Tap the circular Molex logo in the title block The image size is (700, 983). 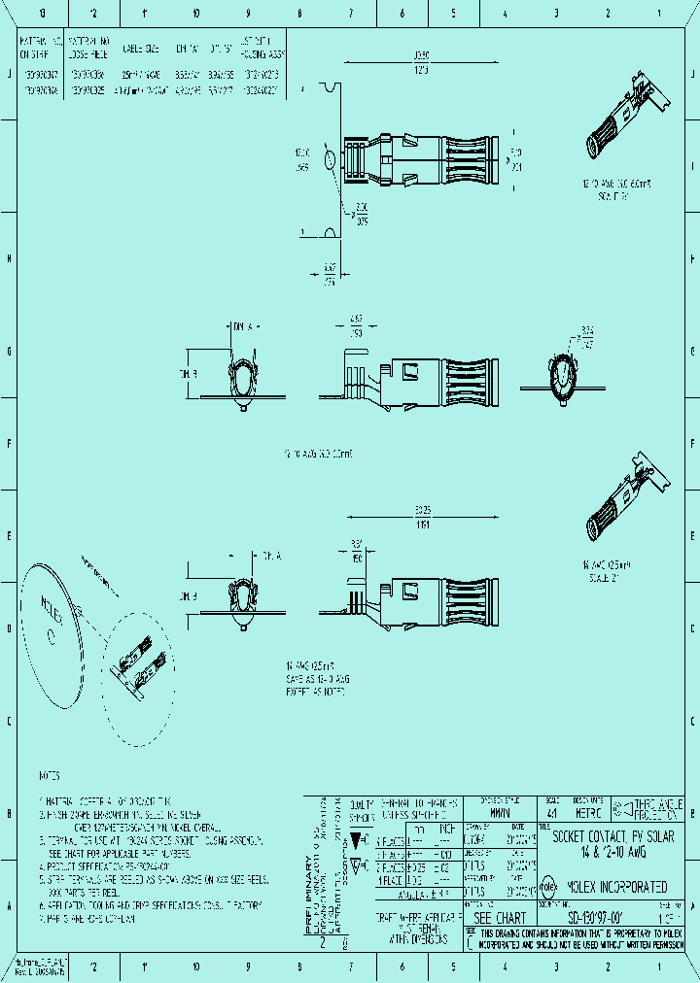(547, 887)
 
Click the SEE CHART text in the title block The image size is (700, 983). (499, 918)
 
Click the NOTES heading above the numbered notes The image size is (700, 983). (50, 776)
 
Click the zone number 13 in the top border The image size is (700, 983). (41, 14)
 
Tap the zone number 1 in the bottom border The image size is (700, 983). (659, 966)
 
